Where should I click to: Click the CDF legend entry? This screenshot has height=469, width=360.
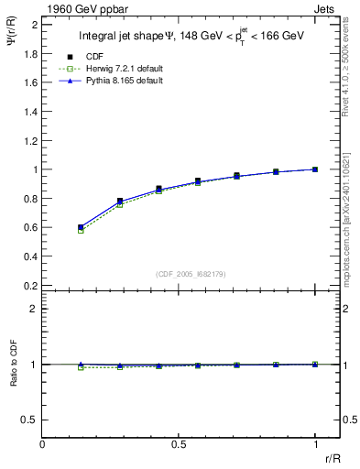[93, 56]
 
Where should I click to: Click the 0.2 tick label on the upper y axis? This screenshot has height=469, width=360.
[32, 285]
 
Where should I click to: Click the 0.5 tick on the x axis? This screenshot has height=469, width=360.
[179, 437]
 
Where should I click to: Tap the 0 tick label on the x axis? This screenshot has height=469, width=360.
[43, 444]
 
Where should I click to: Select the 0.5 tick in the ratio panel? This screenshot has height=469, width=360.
[43, 420]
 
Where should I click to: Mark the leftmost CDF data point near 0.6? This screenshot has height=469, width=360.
[81, 227]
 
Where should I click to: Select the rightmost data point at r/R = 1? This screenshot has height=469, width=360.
[315, 169]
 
